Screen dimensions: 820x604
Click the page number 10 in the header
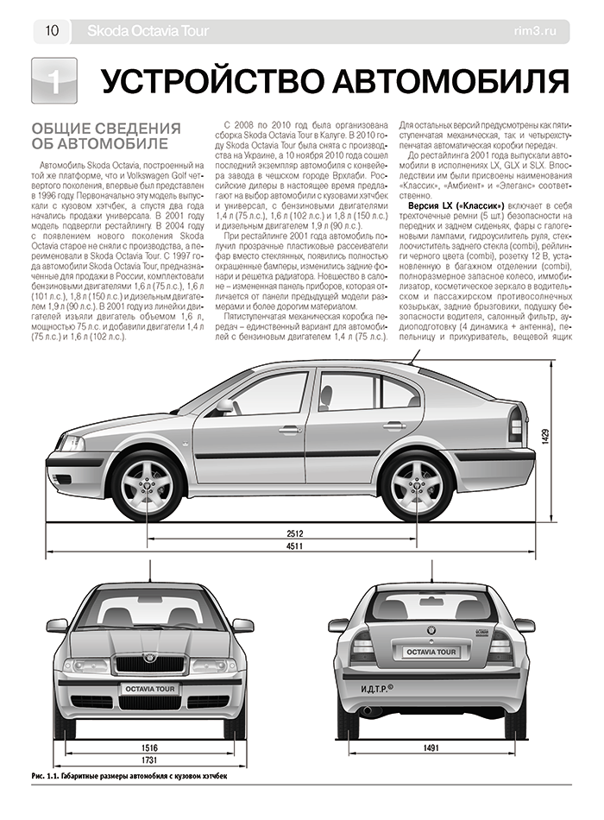click(x=51, y=32)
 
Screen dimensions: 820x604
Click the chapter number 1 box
click(x=53, y=81)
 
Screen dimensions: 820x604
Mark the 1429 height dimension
click(x=545, y=438)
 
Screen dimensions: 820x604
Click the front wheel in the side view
click(x=148, y=484)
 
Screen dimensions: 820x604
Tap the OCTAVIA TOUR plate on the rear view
click(x=432, y=653)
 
